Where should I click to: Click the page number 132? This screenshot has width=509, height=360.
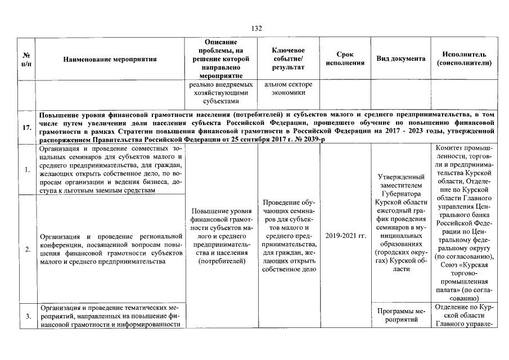pyautogui.click(x=257, y=29)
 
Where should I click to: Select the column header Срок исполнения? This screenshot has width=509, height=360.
pyautogui.click(x=345, y=58)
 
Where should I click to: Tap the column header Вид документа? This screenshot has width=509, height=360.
pyautogui.click(x=400, y=58)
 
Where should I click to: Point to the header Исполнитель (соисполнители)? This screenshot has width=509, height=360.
pyautogui.click(x=464, y=58)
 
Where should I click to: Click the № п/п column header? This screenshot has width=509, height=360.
pyautogui.click(x=26, y=58)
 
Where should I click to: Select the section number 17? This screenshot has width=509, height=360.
pyautogui.click(x=26, y=127)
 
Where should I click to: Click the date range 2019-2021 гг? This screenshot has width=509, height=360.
pyautogui.click(x=345, y=235)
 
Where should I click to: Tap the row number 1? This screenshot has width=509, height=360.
pyautogui.click(x=26, y=169)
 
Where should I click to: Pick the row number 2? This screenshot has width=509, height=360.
pyautogui.click(x=26, y=248)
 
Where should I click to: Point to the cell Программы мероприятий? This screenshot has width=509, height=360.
pyautogui.click(x=400, y=316)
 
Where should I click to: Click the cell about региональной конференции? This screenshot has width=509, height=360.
pyautogui.click(x=109, y=248)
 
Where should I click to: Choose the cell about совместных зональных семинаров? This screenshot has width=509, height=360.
pyautogui.click(x=109, y=169)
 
